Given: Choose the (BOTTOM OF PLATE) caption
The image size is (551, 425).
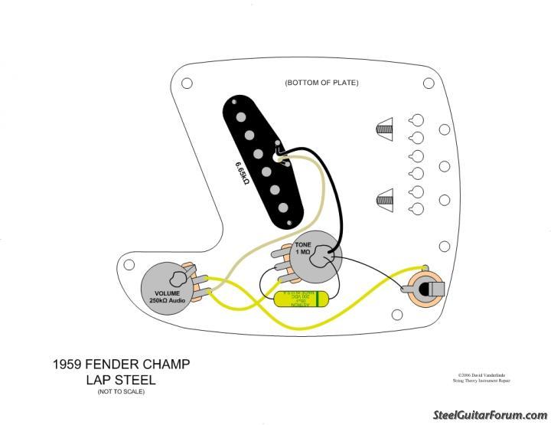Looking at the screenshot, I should point(321,83).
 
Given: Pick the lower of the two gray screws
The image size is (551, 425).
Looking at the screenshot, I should point(384,201).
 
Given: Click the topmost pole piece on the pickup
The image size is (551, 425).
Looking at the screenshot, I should point(242,116).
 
